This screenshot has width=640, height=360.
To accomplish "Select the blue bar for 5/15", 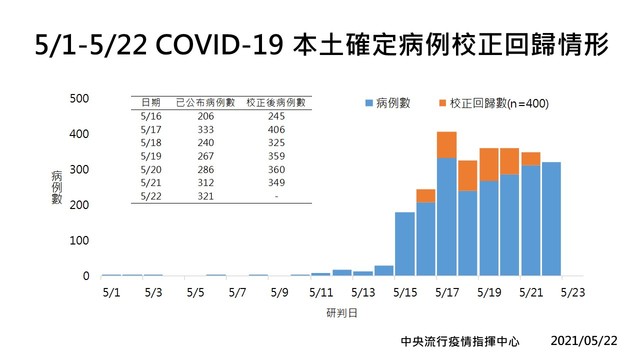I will (x=405, y=243).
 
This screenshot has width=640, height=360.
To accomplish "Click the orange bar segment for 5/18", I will (x=468, y=175).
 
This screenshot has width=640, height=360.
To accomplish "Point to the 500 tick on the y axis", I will (x=81, y=98).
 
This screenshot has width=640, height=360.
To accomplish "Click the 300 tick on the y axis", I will (x=81, y=169).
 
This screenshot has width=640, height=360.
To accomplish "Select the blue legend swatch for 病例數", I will (x=369, y=103).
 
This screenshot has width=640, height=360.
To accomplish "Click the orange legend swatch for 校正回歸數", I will (x=442, y=103).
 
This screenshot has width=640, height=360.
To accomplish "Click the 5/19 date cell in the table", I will (x=151, y=156).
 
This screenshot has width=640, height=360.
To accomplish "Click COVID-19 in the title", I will (x=215, y=44).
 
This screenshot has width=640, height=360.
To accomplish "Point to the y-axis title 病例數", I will (x=57, y=187).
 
